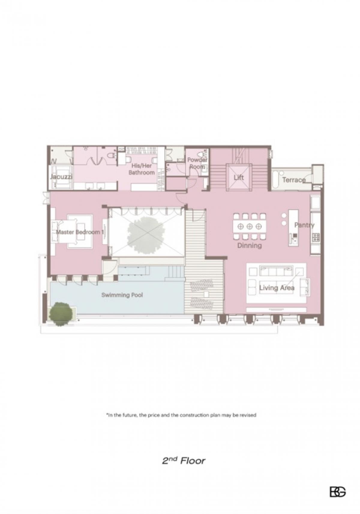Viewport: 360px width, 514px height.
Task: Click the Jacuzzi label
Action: point(61,177)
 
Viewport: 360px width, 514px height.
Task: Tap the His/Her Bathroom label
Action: point(141,169)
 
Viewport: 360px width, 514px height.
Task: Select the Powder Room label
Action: point(197,163)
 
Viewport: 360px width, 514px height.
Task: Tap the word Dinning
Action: point(250,246)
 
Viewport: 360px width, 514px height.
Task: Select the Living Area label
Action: point(277,288)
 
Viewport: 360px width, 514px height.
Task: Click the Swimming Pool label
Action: point(122,295)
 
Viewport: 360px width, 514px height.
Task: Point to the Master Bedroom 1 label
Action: point(80,232)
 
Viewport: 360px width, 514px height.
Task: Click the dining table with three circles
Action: point(250,226)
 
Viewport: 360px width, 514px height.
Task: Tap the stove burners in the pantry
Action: point(316,237)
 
